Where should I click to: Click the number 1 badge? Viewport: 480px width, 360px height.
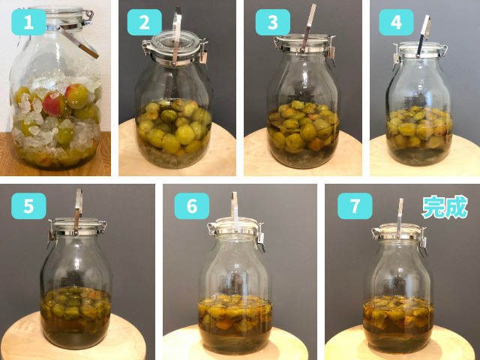click(x=28, y=22)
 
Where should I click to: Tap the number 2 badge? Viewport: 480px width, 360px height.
click(x=144, y=22)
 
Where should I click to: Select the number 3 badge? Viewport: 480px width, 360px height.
click(x=273, y=22)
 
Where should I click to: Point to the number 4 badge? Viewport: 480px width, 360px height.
click(x=396, y=22)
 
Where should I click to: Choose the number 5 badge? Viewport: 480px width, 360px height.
click(x=28, y=205)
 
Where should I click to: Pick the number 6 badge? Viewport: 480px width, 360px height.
click(x=192, y=205)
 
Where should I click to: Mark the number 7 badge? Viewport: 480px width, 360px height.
click(x=355, y=205)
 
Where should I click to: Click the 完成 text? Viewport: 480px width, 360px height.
click(x=445, y=207)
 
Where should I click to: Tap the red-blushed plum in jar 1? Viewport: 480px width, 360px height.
click(x=54, y=103)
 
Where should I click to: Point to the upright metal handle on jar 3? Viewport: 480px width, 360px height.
click(x=308, y=27)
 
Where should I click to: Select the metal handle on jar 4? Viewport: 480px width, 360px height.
click(x=423, y=36)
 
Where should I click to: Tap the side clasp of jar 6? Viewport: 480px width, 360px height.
click(x=261, y=237)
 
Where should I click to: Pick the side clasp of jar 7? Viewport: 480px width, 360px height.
click(x=423, y=241)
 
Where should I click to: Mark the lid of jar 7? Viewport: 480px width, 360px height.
click(x=398, y=231)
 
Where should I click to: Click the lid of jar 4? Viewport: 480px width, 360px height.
click(x=420, y=50)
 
